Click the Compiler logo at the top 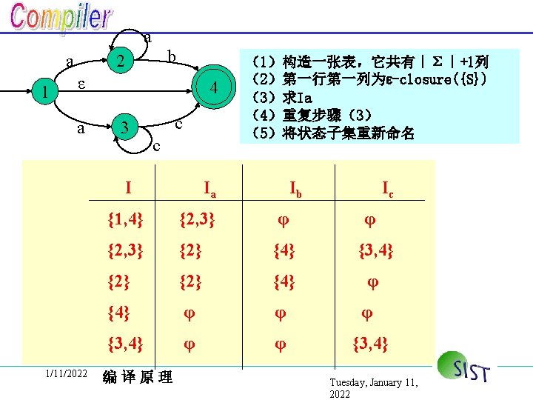[x=61, y=20]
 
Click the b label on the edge [x=171, y=57]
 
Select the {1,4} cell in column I [x=125, y=219]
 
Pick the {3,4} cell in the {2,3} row [x=375, y=252]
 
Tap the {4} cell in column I [x=118, y=313]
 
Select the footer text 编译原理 [x=138, y=378]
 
